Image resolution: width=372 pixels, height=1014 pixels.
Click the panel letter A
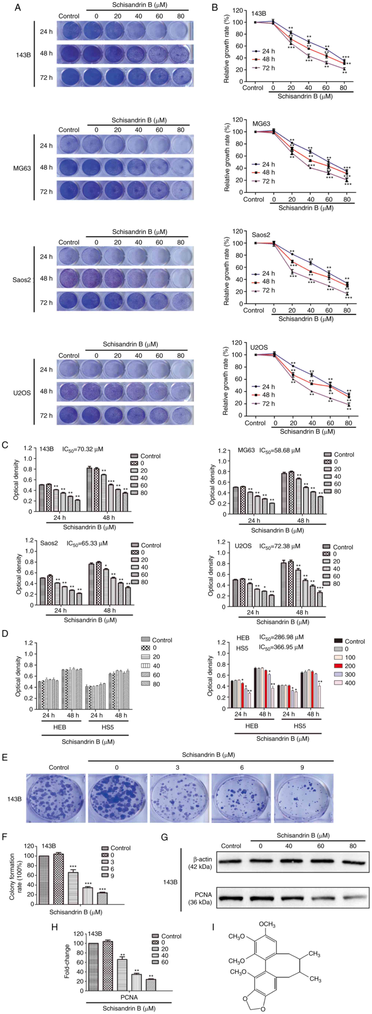pyautogui.click(x=18, y=8)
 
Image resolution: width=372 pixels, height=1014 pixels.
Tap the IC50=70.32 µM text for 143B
pyautogui.click(x=83, y=449)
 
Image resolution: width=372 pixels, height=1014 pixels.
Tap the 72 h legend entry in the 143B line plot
pyautogui.click(x=264, y=68)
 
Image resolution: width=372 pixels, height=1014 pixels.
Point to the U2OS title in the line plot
pyautogui.click(x=259, y=348)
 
